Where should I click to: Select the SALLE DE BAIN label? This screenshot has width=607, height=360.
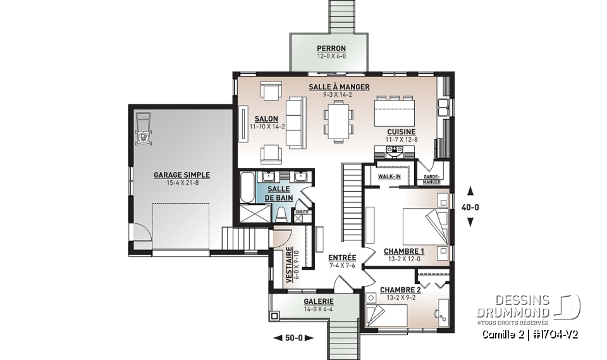[279, 193]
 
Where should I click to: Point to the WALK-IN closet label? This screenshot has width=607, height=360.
[389, 176]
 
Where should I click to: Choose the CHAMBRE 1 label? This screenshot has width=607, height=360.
[403, 251]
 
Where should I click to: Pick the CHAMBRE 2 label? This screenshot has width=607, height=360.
[400, 290]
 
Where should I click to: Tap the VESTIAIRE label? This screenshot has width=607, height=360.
[289, 264]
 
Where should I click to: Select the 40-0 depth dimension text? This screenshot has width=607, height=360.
[470, 206]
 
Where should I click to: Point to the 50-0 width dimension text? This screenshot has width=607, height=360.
[293, 338]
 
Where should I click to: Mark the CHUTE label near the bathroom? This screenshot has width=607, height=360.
[302, 211]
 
